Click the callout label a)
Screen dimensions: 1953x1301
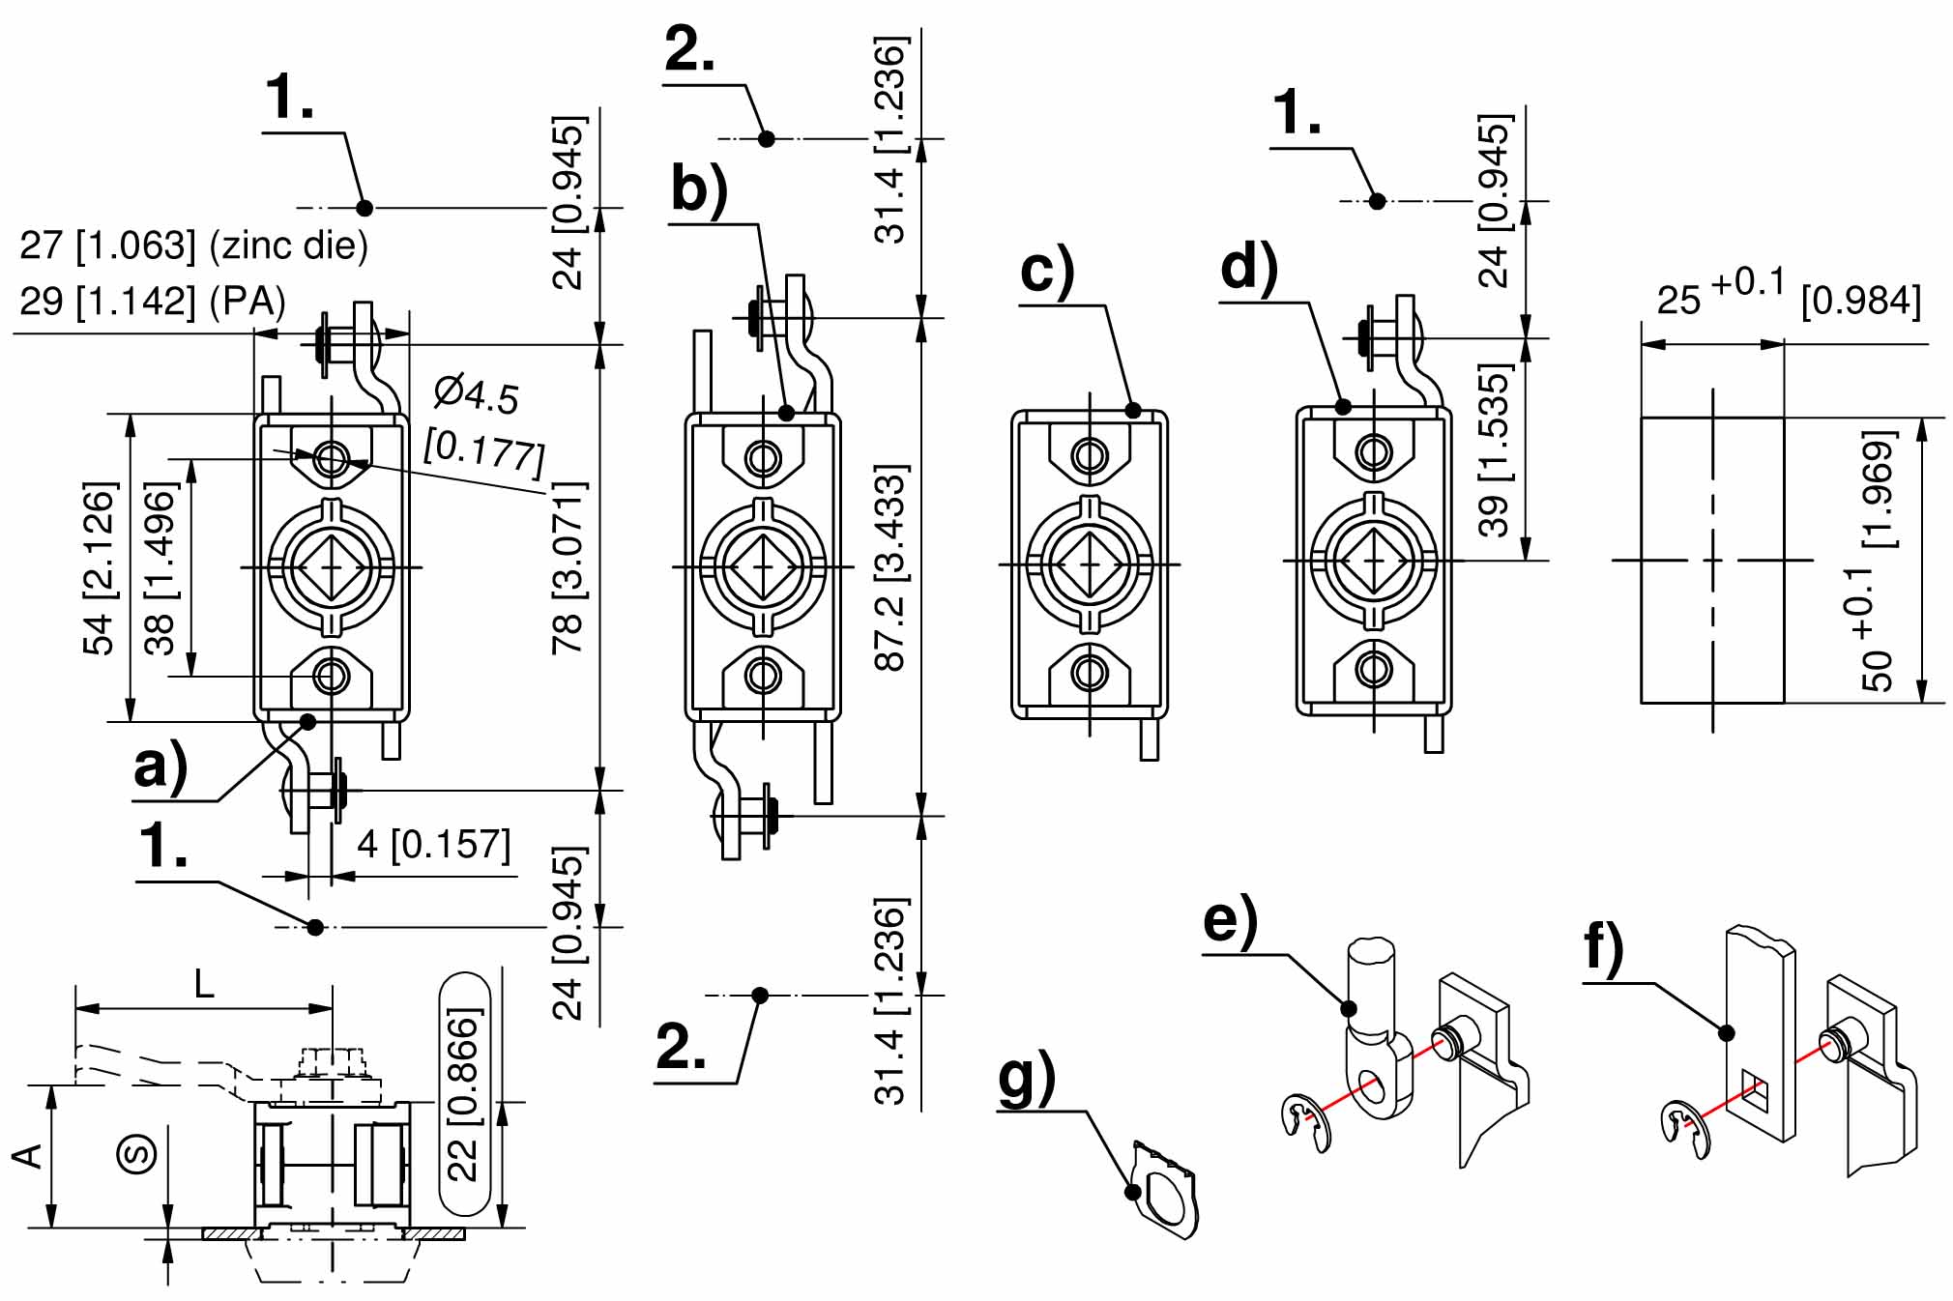click(161, 767)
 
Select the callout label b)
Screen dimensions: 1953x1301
click(699, 189)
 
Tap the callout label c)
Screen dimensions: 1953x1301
click(1047, 271)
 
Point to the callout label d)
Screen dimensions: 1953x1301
click(1249, 268)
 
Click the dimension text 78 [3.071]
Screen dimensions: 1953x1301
click(568, 568)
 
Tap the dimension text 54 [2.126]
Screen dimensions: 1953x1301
click(100, 568)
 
